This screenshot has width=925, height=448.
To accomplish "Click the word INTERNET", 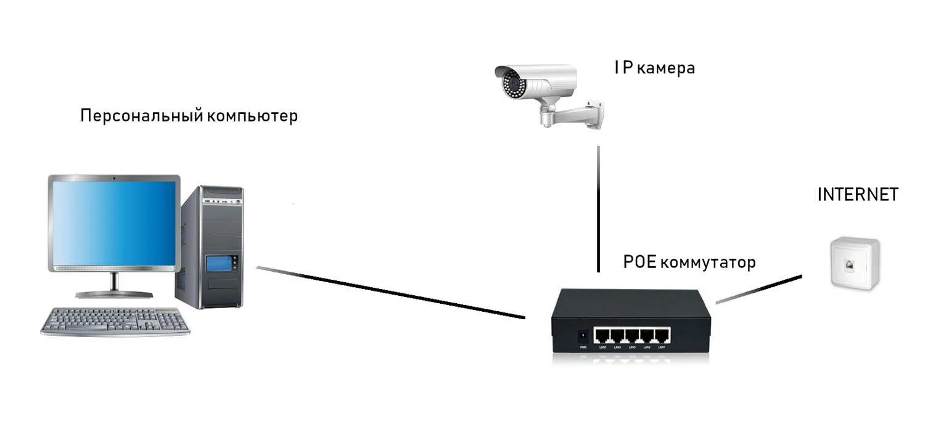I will [x=857, y=195].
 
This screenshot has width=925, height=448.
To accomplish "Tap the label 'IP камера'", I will [x=654, y=68].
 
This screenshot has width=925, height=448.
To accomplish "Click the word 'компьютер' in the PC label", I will [x=252, y=116].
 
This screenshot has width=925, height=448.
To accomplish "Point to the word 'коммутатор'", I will [x=708, y=263].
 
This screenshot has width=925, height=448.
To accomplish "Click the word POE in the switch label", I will [x=639, y=263].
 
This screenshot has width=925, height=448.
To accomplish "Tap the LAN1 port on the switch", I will [x=662, y=336].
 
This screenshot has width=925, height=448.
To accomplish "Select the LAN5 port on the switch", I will [x=602, y=336].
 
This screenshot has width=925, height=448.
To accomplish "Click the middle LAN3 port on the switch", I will [x=632, y=336].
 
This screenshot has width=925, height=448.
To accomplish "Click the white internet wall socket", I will [x=854, y=263].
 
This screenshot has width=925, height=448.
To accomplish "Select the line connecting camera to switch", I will [x=598, y=210].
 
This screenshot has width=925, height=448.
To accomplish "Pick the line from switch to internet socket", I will [x=759, y=289].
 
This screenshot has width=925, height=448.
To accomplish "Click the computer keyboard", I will [x=115, y=321].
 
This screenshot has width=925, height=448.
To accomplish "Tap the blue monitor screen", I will [x=114, y=223].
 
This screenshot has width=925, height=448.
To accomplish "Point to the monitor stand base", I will [x=114, y=294].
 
